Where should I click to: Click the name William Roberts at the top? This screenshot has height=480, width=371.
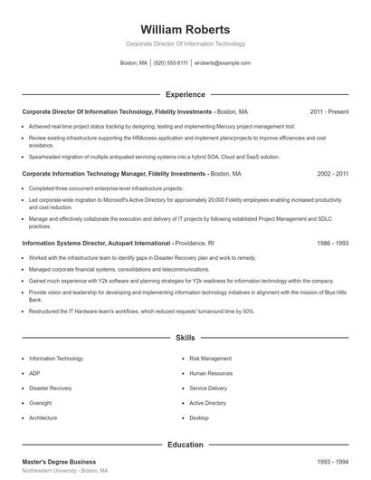(x=185, y=29)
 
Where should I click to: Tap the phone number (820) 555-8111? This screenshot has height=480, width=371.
(x=170, y=63)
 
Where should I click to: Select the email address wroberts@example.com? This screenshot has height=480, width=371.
(x=223, y=63)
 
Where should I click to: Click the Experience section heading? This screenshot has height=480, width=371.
(x=185, y=94)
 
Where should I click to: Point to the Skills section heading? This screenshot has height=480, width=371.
(x=185, y=338)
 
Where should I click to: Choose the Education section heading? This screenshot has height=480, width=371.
(x=185, y=445)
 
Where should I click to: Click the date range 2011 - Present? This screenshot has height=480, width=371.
(x=328, y=111)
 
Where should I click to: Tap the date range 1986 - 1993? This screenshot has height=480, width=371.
(x=333, y=244)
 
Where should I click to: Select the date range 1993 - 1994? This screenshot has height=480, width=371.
(x=333, y=462)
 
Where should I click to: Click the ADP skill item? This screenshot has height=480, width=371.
(x=34, y=373)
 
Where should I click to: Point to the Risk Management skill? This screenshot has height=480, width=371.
(x=209, y=359)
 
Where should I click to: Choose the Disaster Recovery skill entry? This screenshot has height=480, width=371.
(x=49, y=388)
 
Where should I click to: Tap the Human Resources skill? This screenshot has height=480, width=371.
(x=211, y=373)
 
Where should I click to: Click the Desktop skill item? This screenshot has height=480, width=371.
(x=199, y=418)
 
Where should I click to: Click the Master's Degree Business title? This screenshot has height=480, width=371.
(x=59, y=462)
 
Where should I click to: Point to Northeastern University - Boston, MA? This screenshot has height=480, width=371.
(x=64, y=472)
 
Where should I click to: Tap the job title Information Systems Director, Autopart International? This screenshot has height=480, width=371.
(x=97, y=244)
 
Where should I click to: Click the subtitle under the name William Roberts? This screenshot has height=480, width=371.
(x=185, y=43)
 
